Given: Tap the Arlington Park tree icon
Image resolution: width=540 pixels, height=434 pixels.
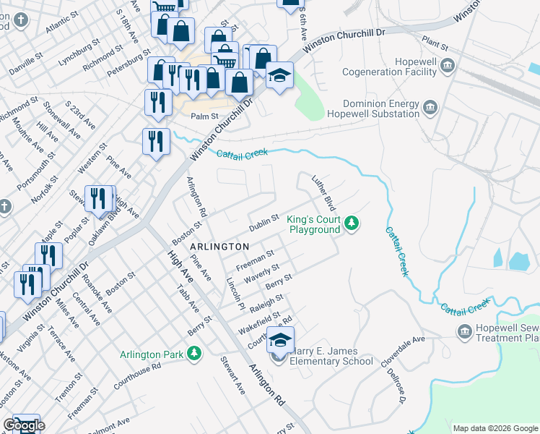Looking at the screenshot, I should coord(193,353).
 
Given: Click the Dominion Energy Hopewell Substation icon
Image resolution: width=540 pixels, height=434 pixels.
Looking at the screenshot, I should coord(431,109).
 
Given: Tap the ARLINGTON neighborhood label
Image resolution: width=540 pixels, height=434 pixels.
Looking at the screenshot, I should coord(219,247).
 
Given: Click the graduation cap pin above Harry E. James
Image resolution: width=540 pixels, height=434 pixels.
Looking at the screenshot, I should coord(281,338).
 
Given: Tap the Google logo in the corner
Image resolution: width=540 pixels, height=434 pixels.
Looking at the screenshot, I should coord(24,426).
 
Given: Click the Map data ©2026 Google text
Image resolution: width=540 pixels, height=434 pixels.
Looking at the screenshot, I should coord(495,428).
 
